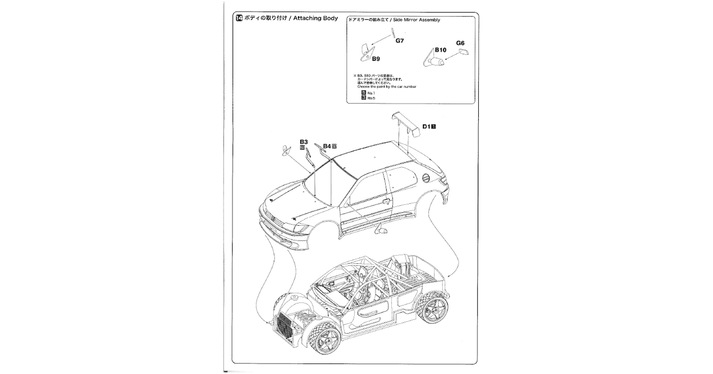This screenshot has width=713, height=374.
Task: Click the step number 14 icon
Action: [239, 18]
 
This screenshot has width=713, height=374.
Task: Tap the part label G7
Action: [400, 40]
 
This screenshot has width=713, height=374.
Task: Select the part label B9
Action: [375, 59]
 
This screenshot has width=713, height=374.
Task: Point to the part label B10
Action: [441, 50]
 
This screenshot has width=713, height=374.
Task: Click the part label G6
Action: [460, 43]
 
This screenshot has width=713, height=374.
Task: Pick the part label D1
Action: [426, 126]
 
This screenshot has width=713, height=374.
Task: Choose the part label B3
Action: [304, 142]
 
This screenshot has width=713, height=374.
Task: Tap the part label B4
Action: [327, 146]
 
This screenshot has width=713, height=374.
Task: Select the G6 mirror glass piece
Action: [463, 52]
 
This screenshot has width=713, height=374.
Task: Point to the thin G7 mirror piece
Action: [393, 33]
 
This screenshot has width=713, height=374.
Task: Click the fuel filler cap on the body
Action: [426, 178]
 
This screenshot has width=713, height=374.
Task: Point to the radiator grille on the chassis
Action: [285, 326]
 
